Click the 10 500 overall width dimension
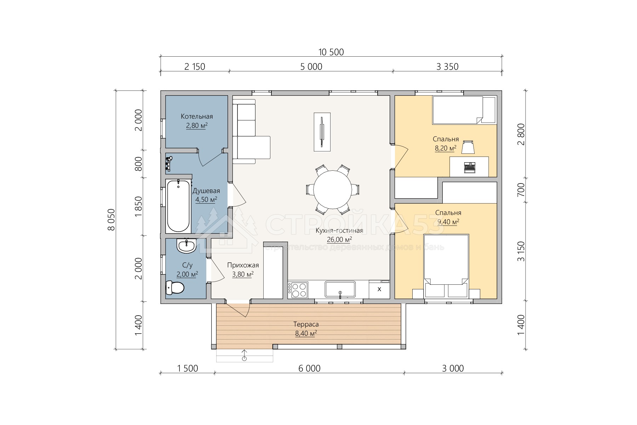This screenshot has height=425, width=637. click(331, 52)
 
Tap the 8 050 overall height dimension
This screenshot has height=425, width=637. click(111, 220)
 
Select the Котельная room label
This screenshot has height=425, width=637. click(197, 117)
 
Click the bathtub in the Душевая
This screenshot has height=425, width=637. click(178, 206)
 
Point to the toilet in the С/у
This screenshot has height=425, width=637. click(175, 288)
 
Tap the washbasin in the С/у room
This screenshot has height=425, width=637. click(186, 246)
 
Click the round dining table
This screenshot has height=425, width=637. click(333, 190)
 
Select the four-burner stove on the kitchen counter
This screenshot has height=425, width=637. click(298, 290)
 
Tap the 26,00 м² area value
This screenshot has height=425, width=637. click(339, 240)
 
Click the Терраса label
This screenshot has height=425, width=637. click(306, 324)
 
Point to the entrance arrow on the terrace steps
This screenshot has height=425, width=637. click(244, 355)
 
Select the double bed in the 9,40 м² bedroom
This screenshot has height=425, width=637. click(446, 266)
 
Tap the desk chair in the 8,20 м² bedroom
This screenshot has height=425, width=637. click(468, 147)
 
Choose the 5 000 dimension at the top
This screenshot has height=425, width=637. click(311, 67)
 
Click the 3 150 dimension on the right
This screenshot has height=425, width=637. click(521, 251)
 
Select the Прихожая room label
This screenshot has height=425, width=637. click(243, 265)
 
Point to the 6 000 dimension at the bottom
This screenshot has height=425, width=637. click(309, 369)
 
